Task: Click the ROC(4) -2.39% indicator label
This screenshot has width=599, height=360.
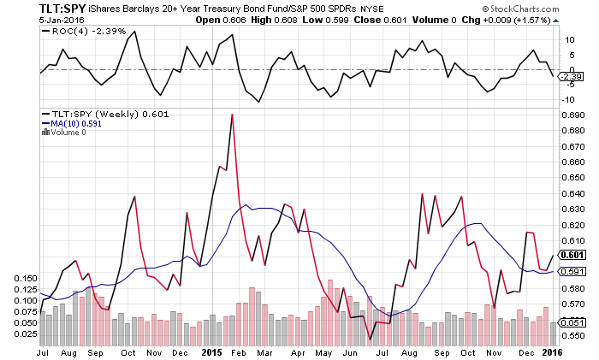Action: click(77, 31)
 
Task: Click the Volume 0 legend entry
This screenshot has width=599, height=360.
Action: click(67, 132)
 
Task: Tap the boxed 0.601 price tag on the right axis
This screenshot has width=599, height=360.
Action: click(570, 255)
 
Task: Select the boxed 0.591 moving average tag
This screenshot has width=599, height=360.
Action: click(570, 271)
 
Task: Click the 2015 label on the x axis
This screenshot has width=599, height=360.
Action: click(211, 351)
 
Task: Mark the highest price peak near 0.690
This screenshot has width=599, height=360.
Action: click(232, 114)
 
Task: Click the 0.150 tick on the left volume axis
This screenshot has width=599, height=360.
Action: click(26, 278)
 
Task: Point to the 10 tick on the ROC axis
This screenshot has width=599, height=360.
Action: click(564, 39)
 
